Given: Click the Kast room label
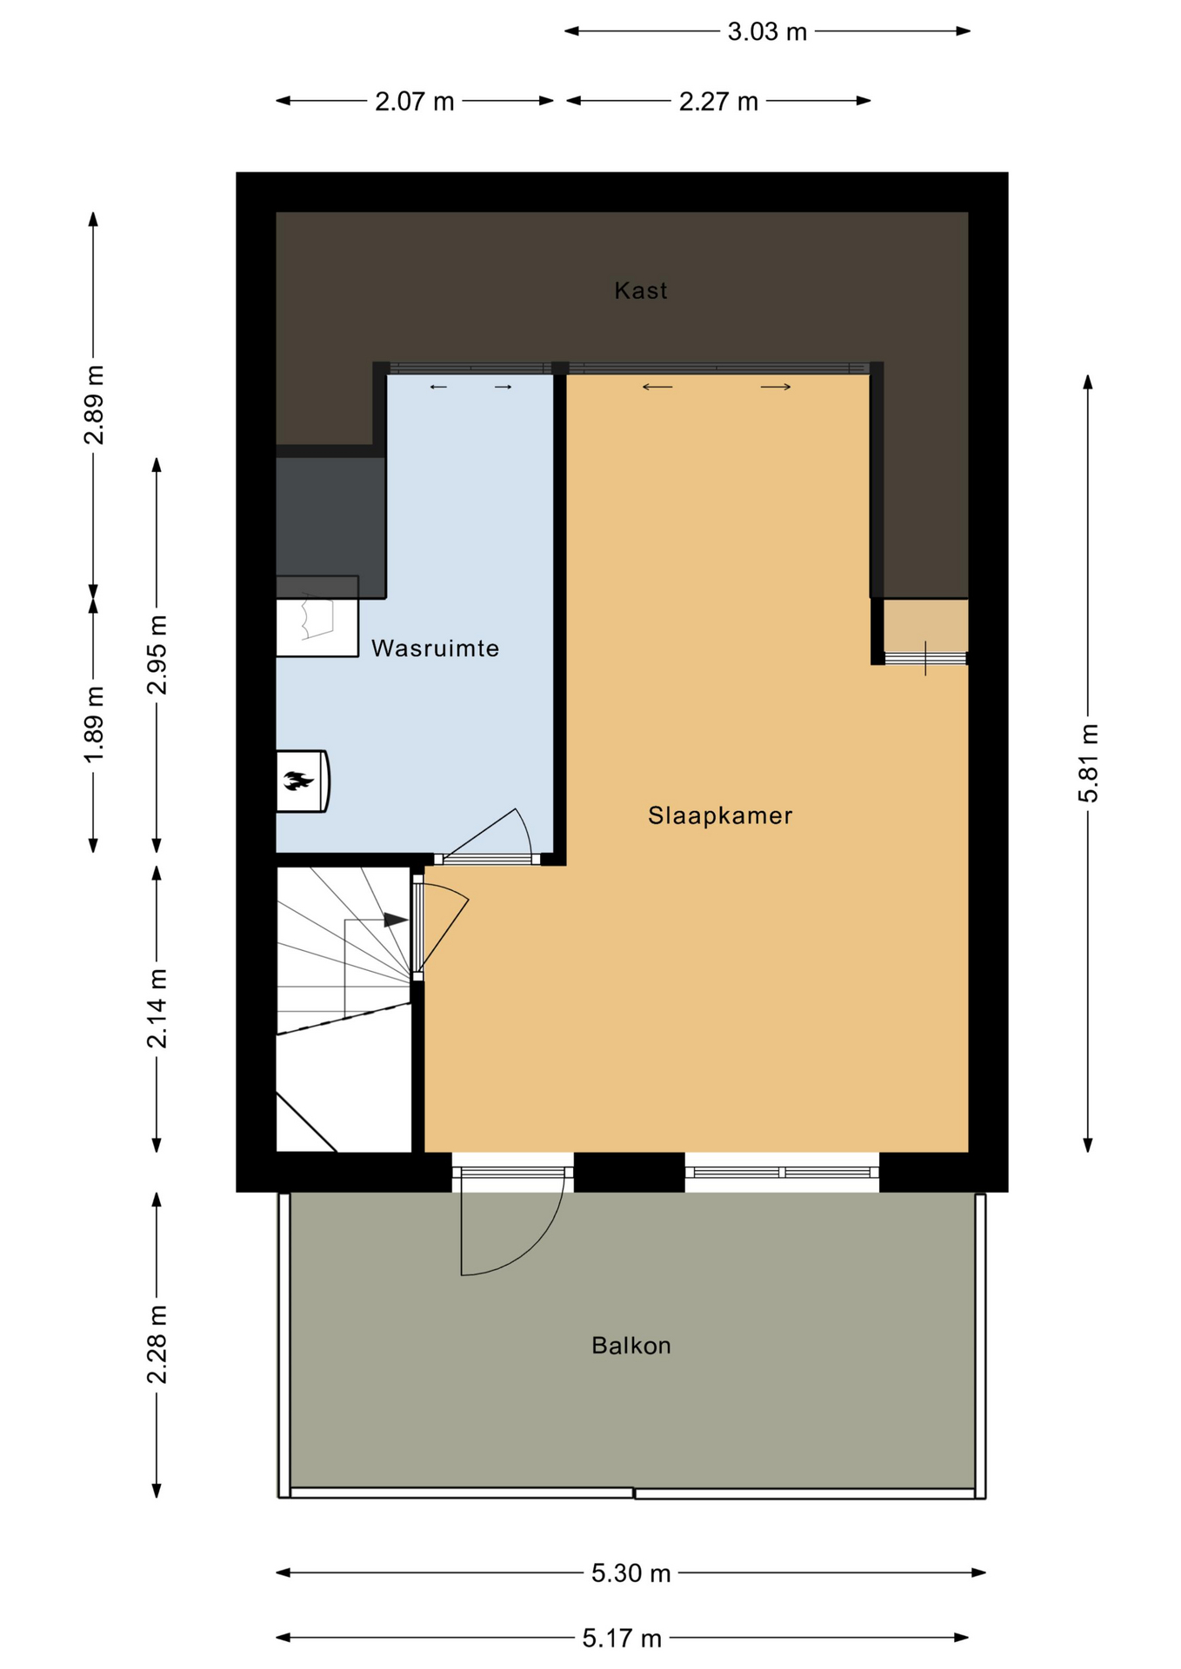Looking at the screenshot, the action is (641, 290).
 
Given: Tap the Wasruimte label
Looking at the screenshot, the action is (436, 648).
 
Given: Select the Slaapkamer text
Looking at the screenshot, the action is (720, 815).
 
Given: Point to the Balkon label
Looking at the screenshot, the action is (631, 1346).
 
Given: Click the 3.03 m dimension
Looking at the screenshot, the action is (767, 32).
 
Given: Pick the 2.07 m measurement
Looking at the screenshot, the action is (415, 102).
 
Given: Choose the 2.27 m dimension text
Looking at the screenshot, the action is (718, 102).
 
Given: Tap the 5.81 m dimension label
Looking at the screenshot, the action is (1088, 763).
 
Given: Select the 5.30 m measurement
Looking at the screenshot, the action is (631, 1573).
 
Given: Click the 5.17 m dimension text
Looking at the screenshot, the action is (622, 1639).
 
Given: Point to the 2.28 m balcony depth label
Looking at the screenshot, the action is (157, 1344).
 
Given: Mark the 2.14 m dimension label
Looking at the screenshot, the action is (157, 1008).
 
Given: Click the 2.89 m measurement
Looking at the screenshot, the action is (94, 405).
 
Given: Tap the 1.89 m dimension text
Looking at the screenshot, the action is (94, 724).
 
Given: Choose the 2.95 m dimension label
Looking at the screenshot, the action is (157, 655).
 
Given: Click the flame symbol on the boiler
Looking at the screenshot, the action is (298, 781).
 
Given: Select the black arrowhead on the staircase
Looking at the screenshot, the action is (397, 920).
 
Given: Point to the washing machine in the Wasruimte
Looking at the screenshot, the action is (317, 616).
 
